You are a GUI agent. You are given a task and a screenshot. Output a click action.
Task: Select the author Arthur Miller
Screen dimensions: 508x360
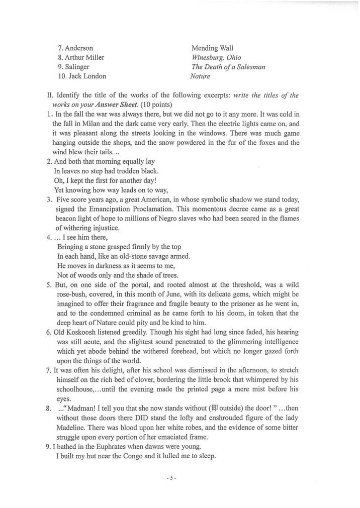click(84, 58)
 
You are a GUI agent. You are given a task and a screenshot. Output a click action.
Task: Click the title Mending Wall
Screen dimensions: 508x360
click(212, 48)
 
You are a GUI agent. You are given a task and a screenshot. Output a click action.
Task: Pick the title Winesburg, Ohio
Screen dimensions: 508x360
click(216, 58)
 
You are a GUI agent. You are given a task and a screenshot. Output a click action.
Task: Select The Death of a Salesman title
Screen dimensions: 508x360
click(228, 67)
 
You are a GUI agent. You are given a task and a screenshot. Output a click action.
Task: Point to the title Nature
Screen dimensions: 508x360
click(200, 76)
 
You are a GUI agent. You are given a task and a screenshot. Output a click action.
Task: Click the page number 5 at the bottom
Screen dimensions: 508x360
click(171, 478)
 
